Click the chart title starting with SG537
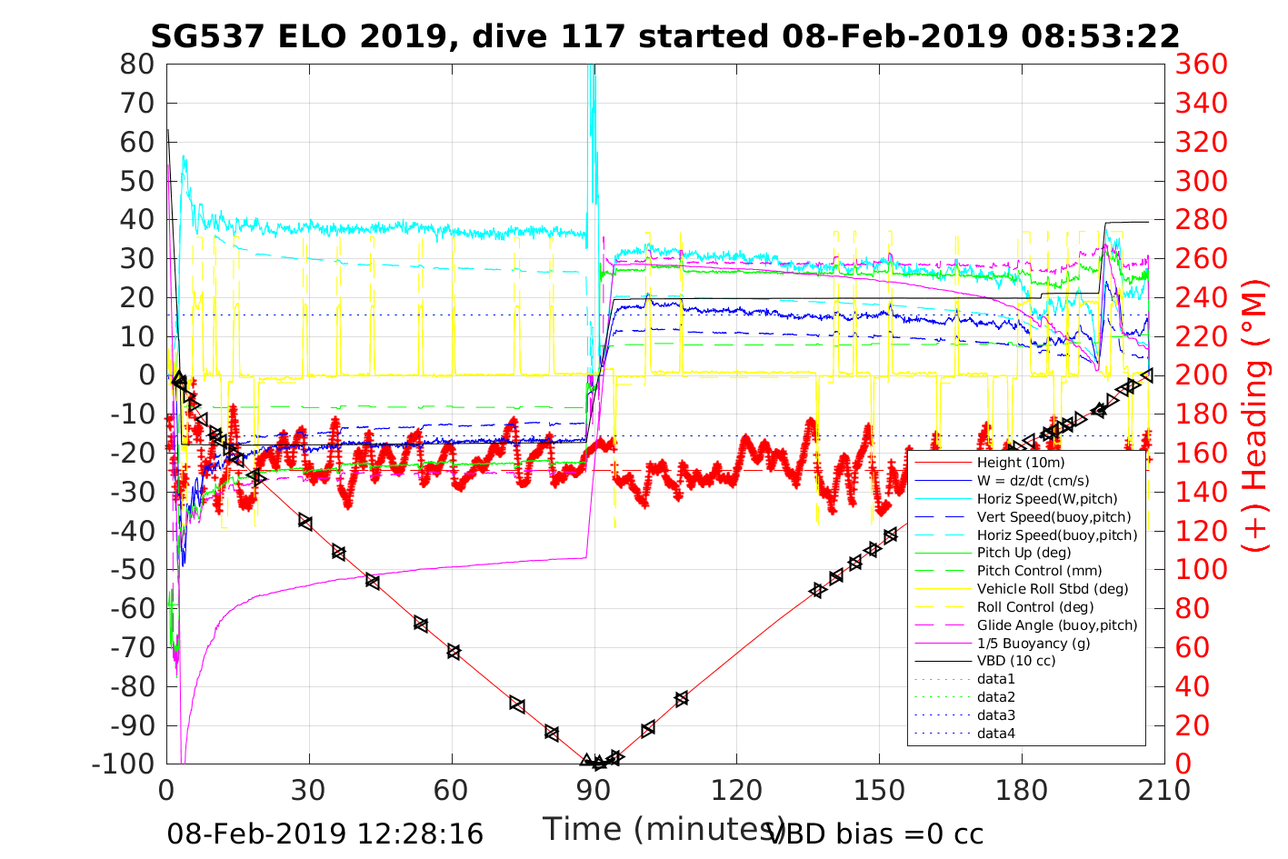(x=664, y=36)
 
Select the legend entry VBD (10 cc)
(x=1016, y=661)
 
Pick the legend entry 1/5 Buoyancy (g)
(x=1033, y=643)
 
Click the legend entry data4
(x=996, y=733)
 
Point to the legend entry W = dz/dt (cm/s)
(x=1033, y=481)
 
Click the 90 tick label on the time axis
(x=594, y=791)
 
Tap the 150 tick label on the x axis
(x=879, y=791)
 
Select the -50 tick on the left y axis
(x=133, y=570)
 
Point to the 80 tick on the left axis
(x=137, y=65)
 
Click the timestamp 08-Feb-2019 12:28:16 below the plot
(x=324, y=834)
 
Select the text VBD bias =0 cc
(x=875, y=834)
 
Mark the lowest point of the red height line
(x=598, y=764)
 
